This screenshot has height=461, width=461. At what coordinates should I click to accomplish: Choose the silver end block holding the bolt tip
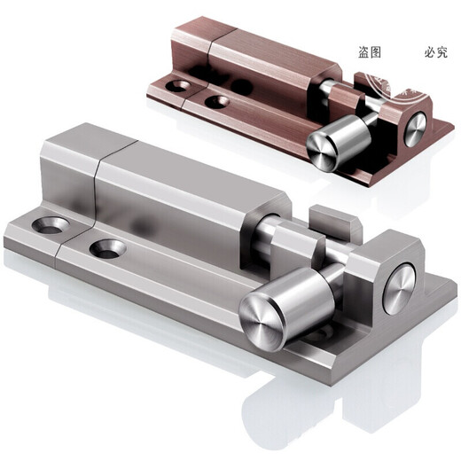coord(390,275)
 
